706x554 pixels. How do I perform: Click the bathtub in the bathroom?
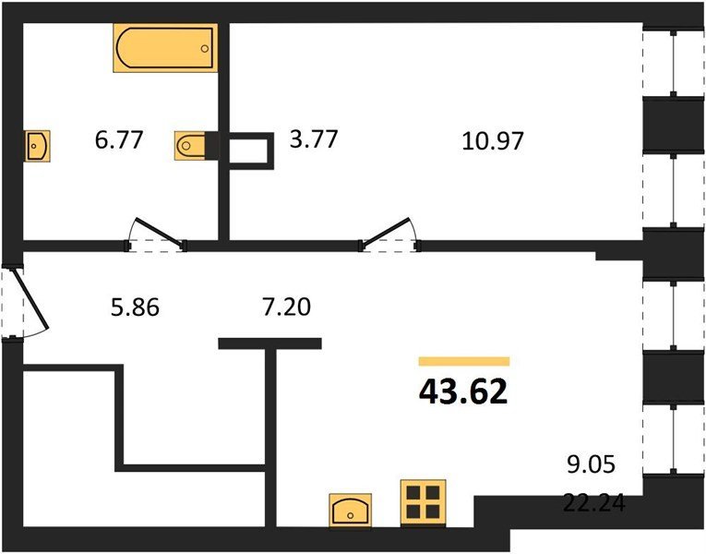165,48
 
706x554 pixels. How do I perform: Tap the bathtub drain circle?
205,49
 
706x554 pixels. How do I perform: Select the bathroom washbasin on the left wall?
37,146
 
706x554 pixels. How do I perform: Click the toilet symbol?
190,146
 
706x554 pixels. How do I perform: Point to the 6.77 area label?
119,139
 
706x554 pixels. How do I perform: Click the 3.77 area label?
314,138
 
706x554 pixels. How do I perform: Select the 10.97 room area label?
493,140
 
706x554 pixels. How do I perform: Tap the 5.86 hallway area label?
135,307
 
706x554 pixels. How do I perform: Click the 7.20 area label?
286,307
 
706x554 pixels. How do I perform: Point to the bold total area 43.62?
463,391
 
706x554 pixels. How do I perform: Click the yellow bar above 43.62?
464,361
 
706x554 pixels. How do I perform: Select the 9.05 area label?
591,464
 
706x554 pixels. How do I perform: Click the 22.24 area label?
594,503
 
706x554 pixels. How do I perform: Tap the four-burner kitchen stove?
424,502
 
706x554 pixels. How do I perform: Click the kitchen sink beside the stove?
351,510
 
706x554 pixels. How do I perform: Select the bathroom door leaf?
160,233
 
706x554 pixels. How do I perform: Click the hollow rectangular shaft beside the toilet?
251,151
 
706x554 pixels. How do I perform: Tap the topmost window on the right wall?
674,64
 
